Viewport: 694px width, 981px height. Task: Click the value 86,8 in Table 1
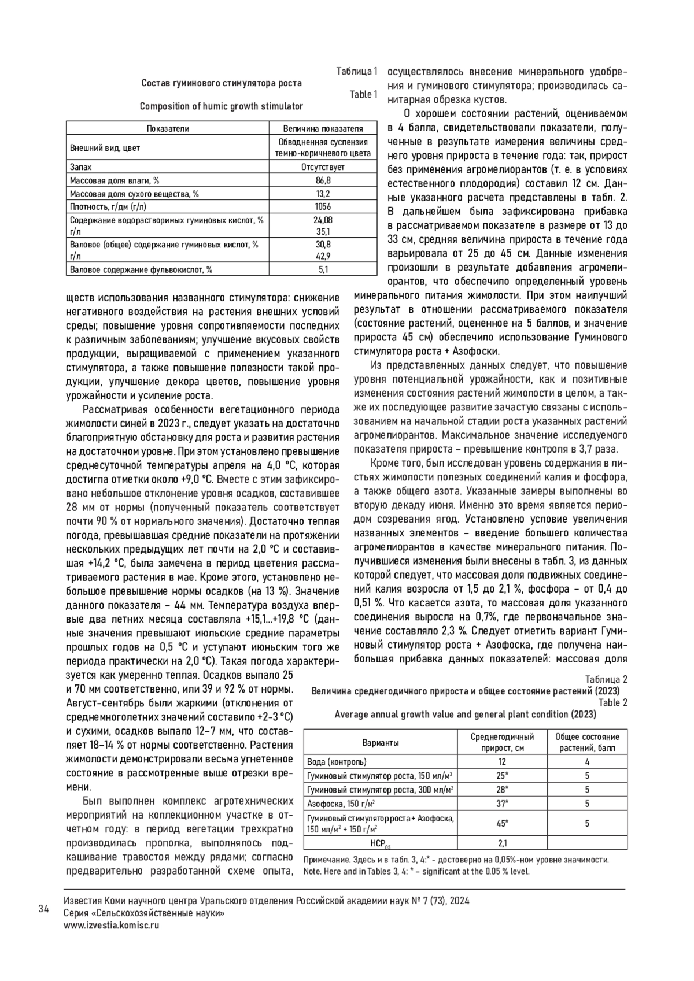click(x=323, y=180)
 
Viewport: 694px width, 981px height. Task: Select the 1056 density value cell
click(x=323, y=206)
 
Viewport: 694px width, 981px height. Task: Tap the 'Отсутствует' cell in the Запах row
click(x=323, y=167)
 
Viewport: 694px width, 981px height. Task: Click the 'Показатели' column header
click(x=168, y=129)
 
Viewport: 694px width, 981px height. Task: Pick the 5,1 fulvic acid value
click(x=323, y=269)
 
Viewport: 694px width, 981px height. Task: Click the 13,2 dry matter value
click(x=323, y=194)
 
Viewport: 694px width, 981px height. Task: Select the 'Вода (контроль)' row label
click(x=337, y=762)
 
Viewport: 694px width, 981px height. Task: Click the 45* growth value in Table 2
click(x=502, y=824)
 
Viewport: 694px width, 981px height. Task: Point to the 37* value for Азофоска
click(x=502, y=804)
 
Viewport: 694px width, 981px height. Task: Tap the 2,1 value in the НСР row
click(x=502, y=843)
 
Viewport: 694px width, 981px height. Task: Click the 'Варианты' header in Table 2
click(x=380, y=742)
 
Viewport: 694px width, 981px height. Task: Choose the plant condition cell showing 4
click(x=587, y=762)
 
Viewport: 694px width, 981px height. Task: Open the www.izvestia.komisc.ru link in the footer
click(x=112, y=925)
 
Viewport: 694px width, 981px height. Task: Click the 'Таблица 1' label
click(x=357, y=72)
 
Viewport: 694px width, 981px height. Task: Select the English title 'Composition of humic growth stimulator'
click(x=222, y=106)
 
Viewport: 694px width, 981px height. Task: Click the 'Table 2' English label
click(x=612, y=703)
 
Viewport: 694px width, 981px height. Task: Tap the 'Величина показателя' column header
click(x=323, y=129)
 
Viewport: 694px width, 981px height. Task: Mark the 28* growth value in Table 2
click(x=502, y=790)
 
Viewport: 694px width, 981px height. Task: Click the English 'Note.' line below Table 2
click(x=416, y=872)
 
